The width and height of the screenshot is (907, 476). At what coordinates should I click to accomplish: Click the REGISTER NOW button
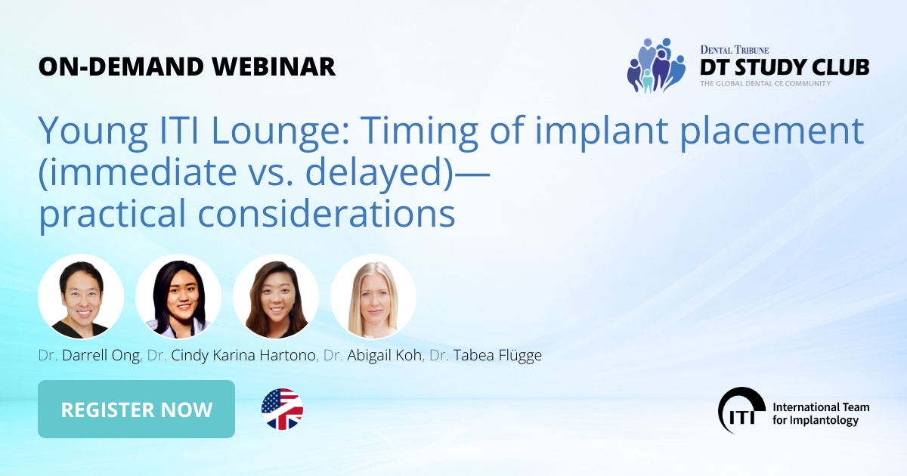coord(136,410)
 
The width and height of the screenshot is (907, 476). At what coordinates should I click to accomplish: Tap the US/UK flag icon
coord(282,410)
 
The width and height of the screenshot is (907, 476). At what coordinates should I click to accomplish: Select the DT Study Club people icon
coord(655,66)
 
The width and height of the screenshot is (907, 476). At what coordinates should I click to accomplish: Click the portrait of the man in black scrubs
coord(81,297)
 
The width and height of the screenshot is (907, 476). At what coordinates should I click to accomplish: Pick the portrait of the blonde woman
coord(373,297)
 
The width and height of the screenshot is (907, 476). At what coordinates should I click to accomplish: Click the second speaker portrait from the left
coord(178,297)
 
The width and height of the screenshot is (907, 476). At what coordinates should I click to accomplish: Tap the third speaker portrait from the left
coord(276,297)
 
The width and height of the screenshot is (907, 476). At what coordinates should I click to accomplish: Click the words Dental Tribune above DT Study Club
coord(735,49)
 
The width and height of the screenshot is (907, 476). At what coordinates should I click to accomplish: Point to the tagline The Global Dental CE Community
coord(765,83)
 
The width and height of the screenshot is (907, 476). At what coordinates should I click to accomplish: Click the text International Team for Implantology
coord(820,413)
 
